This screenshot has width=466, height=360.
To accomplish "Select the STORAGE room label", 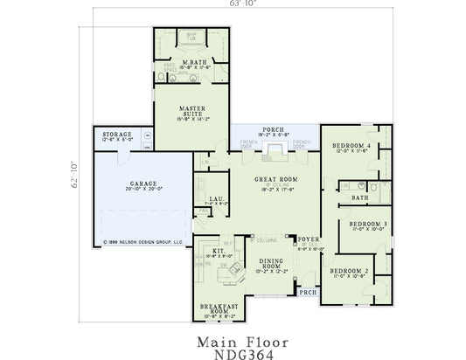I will pyautogui.click(x=116, y=135).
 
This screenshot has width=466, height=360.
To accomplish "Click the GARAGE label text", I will pyautogui.click(x=144, y=184).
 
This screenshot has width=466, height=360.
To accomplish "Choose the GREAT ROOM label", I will pyautogui.click(x=271, y=179).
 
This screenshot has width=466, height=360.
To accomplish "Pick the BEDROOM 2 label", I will pyautogui.click(x=348, y=272).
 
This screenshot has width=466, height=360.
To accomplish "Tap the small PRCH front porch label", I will pyautogui.click(x=308, y=292).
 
